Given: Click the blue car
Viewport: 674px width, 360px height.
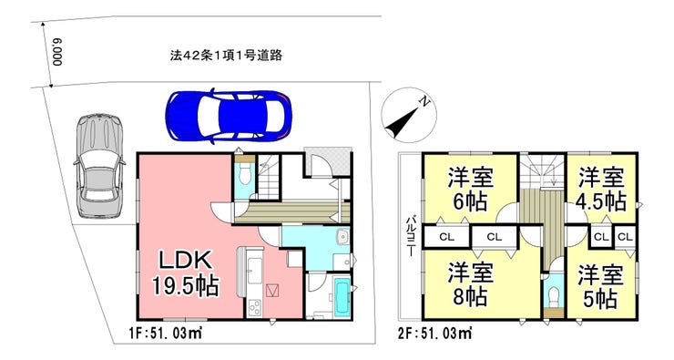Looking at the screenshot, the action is pos(230,116).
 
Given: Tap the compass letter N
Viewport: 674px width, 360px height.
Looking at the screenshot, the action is pos(424,102).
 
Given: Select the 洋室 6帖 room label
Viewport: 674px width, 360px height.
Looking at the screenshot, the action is pos(470,189).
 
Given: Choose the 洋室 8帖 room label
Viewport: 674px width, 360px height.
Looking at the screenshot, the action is pos(470,284).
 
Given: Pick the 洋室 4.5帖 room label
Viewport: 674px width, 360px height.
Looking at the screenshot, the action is pos(601,189).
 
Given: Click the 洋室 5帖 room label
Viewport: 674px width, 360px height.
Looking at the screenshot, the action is pos(600,286).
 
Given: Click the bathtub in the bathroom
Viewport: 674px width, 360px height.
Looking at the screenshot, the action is pos(342,297).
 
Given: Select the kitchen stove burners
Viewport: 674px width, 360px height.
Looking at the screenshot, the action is pos(254,306).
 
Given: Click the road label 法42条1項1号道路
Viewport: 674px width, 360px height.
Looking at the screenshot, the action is pos(226,56).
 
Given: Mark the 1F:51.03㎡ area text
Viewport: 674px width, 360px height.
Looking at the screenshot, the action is pos(166,333).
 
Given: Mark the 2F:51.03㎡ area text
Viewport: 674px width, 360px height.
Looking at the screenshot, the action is pos(435,333).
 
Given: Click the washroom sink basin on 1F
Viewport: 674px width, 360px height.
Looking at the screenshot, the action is pos(343,237).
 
